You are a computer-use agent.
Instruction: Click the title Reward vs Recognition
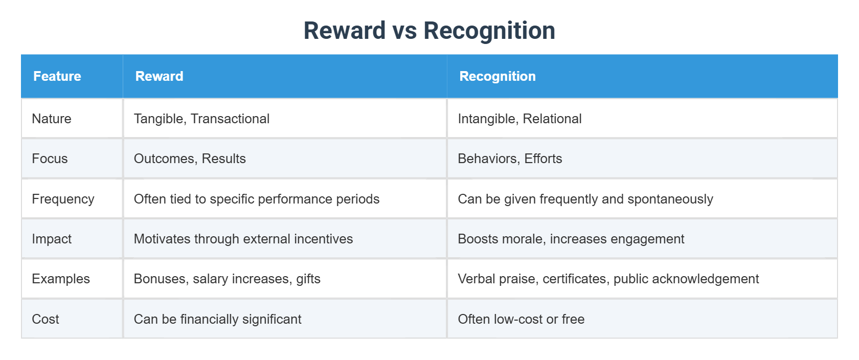429,30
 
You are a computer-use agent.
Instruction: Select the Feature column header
57,76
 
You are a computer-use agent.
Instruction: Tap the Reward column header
159,76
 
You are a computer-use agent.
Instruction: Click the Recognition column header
497,76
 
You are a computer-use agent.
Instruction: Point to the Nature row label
52,119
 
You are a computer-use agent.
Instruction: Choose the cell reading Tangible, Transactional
201,119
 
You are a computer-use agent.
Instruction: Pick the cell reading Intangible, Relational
519,119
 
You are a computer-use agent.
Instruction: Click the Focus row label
50,159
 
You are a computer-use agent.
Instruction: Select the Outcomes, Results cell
190,159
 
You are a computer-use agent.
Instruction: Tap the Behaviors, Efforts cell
510,159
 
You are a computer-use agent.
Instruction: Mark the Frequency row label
63,199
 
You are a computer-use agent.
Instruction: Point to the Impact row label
52,239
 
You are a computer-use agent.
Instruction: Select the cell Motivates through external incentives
243,239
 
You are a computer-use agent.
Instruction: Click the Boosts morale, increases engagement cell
571,239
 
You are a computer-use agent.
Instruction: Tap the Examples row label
61,279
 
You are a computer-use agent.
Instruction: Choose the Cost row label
46,319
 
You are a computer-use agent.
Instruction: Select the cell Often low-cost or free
521,319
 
